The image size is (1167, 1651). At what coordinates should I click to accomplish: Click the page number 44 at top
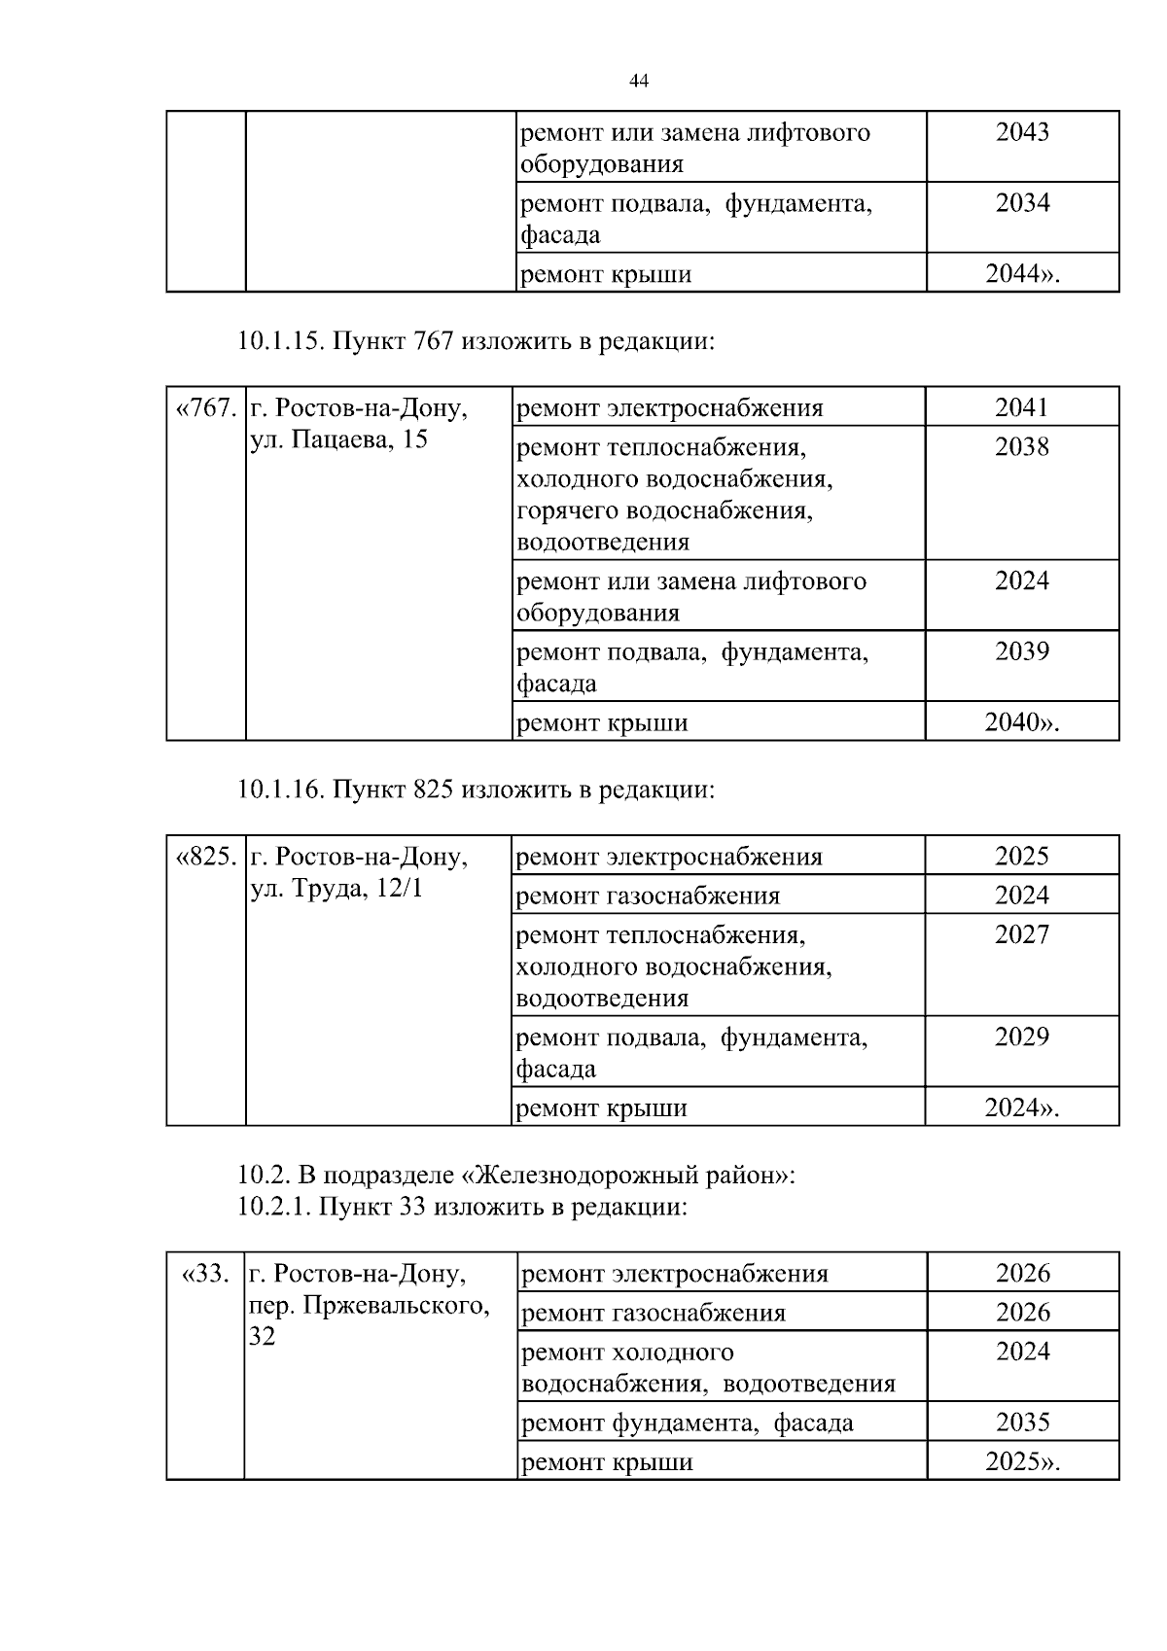tap(639, 82)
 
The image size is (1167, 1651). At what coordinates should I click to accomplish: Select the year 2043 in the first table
tap(1022, 132)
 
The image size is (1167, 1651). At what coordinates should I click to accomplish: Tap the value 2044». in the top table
tap(1022, 274)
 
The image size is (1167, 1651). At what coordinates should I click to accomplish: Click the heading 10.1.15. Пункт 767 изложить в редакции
tap(477, 341)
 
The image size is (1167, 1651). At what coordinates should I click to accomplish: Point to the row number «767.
tap(205, 408)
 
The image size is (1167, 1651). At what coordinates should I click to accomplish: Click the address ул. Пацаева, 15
tap(338, 439)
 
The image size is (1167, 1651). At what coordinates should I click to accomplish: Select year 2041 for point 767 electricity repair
tap(1021, 407)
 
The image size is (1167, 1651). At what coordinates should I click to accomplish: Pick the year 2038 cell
tap(1021, 447)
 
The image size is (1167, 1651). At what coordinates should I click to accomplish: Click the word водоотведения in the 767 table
tap(603, 542)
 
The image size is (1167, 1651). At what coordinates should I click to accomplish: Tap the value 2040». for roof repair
tap(1021, 722)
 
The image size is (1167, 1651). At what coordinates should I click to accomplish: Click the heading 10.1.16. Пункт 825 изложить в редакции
tap(477, 790)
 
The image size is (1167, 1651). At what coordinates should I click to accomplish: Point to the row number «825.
tap(205, 857)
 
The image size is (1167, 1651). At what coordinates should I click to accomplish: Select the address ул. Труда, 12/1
tap(336, 888)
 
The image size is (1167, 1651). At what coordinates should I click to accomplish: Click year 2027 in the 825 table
tap(1021, 935)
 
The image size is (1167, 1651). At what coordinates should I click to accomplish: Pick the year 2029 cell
tap(1021, 1037)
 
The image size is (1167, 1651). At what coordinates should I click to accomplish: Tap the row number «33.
tap(205, 1274)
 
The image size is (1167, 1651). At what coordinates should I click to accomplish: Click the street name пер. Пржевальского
tap(369, 1305)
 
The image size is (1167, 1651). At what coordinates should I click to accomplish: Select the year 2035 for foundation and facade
tap(1022, 1423)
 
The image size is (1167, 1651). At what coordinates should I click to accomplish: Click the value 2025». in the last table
tap(1022, 1462)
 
